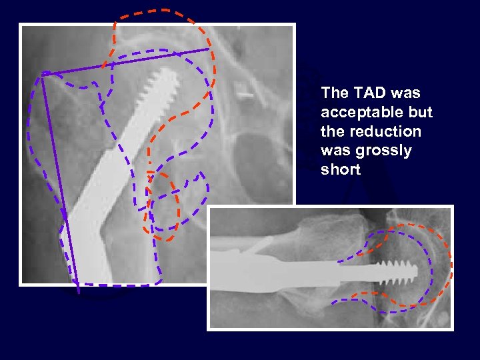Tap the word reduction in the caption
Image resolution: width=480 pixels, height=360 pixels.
pos(383,131)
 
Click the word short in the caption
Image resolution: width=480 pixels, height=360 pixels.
pos(340,170)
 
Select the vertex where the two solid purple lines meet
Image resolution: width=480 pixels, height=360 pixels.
pos(43,73)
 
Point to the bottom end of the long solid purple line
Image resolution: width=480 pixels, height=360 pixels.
pos(78,292)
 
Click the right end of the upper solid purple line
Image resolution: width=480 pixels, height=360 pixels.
pos(209,49)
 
